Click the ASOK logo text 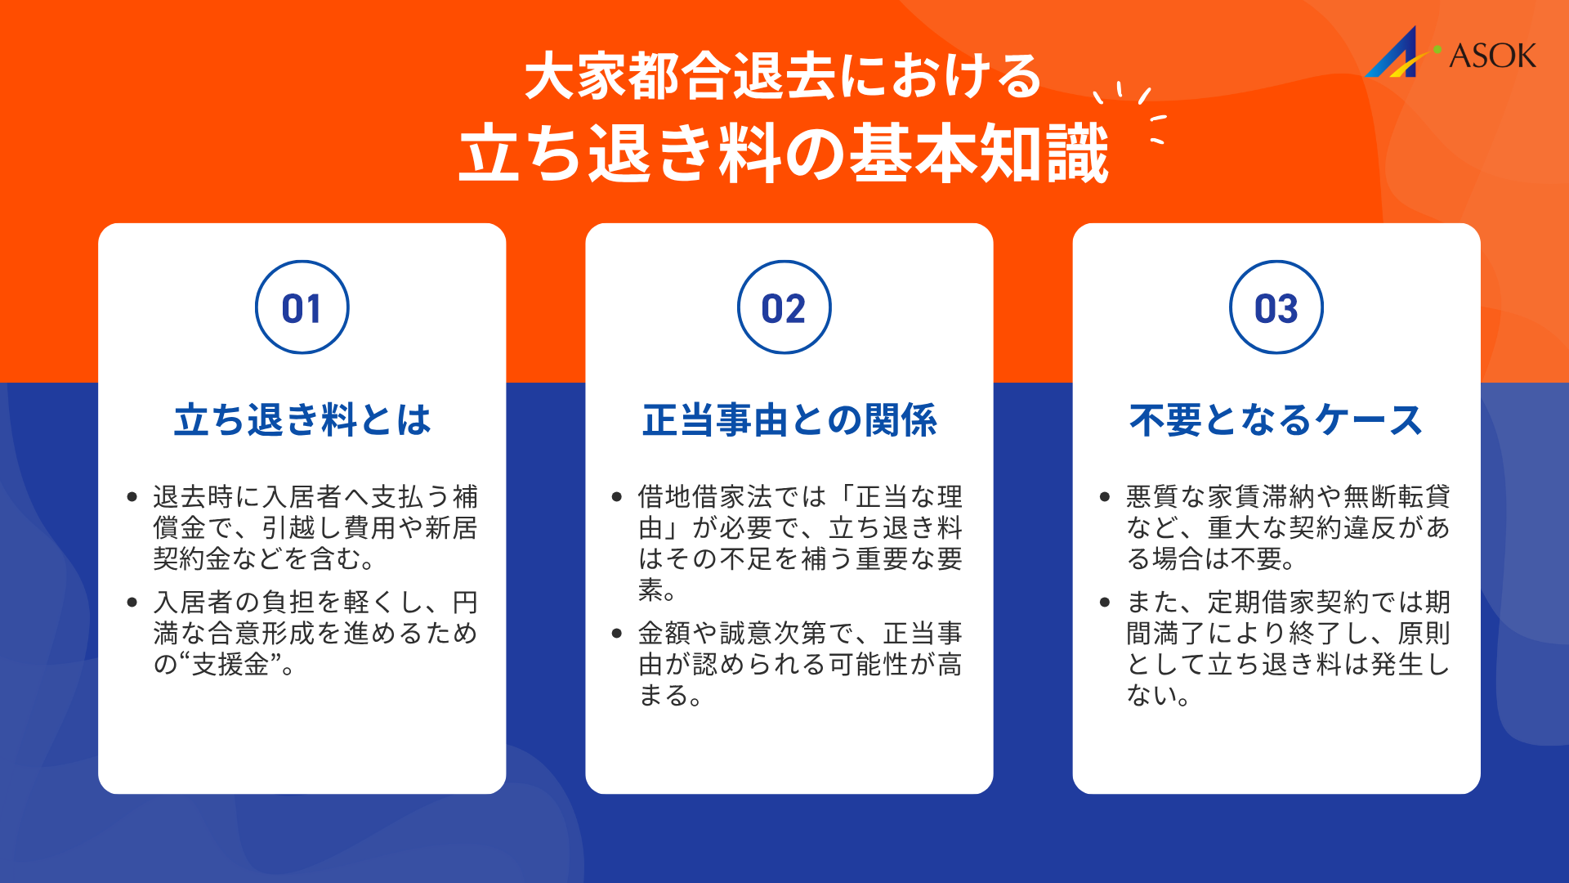[1492, 56]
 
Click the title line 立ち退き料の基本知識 [783, 154]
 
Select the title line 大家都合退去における [783, 77]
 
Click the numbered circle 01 [302, 307]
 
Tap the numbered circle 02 [784, 307]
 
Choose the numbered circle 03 [1276, 307]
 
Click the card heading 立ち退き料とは [302, 420]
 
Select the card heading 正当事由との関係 [789, 420]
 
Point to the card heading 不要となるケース [1276, 420]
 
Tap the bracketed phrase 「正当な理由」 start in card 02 [896, 496]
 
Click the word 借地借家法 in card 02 [704, 496]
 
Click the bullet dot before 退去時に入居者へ [132, 497]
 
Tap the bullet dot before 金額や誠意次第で [617, 634]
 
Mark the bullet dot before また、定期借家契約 [1105, 603]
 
